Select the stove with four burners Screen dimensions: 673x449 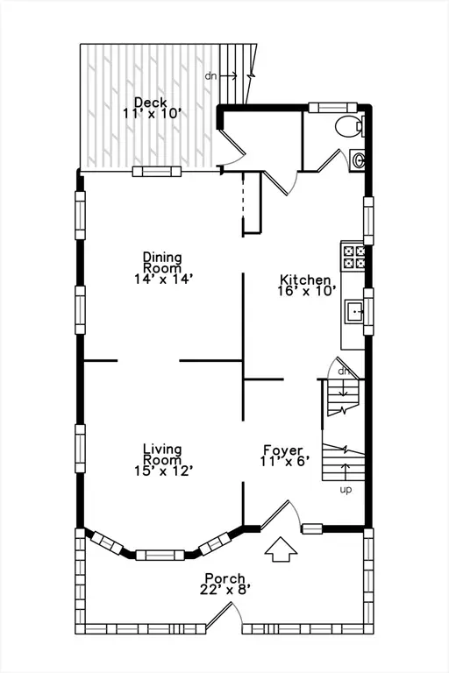353,256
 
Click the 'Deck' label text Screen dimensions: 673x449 151,102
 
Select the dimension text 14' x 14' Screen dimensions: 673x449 162,278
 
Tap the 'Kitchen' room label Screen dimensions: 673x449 304,280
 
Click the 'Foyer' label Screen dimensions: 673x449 282,450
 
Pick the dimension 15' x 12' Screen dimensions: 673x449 162,471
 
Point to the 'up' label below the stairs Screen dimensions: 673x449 346,490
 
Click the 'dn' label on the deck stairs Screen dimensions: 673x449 211,76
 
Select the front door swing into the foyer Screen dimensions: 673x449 285,515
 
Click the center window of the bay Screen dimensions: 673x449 160,555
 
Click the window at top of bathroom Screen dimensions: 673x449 326,108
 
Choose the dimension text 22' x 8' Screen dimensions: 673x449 224,590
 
